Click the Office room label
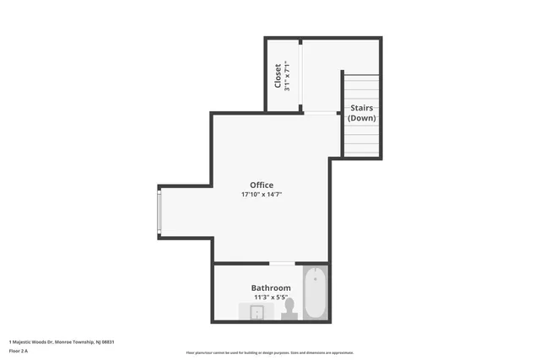pyautogui.click(x=262, y=185)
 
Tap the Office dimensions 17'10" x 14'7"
pyautogui.click(x=262, y=195)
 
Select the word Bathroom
pyautogui.click(x=271, y=287)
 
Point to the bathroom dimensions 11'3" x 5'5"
pyautogui.click(x=271, y=297)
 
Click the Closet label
pyautogui.click(x=278, y=76)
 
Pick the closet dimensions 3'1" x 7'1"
pyautogui.click(x=288, y=76)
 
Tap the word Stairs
pyautogui.click(x=362, y=108)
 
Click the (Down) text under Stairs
pyautogui.click(x=362, y=118)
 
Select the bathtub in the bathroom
pyautogui.click(x=314, y=293)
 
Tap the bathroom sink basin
pyautogui.click(x=257, y=313)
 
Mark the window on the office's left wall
pyautogui.click(x=159, y=212)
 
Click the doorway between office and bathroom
pyautogui.click(x=282, y=264)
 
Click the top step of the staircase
pyautogui.click(x=362, y=77)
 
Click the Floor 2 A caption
pyautogui.click(x=19, y=350)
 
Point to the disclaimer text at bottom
pyautogui.click(x=270, y=352)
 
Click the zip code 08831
pyautogui.click(x=107, y=341)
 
